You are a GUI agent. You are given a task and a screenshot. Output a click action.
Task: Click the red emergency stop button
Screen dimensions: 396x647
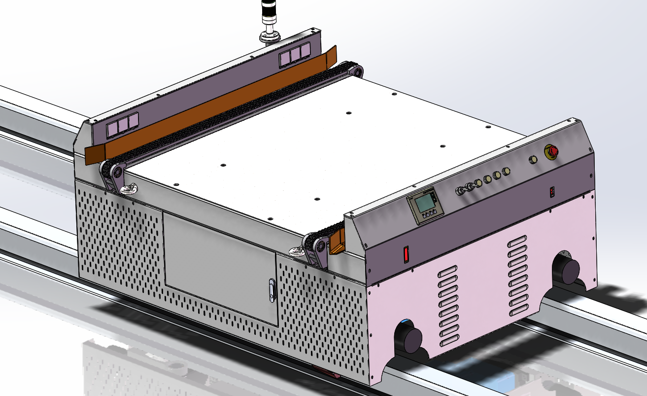click(551, 152)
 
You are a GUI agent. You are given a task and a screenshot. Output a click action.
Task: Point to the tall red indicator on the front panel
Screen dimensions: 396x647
click(407, 254)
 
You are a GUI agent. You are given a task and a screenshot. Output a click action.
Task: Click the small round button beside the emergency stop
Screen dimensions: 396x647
click(532, 160)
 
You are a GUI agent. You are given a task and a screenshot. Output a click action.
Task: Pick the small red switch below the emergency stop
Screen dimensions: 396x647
click(552, 191)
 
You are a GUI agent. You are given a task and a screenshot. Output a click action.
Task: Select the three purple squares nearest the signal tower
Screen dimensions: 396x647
click(295, 56)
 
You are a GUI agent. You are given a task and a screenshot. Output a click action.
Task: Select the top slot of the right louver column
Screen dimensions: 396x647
click(517, 239)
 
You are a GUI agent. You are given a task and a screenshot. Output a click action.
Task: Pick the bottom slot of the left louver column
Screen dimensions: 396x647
click(449, 340)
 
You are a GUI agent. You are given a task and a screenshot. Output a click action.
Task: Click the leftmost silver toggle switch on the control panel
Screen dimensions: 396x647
click(461, 190)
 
